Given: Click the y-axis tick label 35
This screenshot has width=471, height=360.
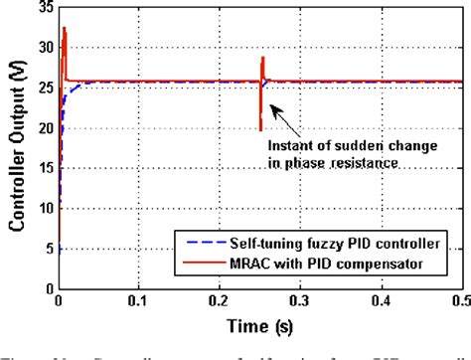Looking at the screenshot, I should coord(45,7).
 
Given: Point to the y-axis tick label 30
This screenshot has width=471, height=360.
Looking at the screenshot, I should coord(45,47).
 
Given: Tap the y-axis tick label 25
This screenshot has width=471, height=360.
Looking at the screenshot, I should coord(45,88).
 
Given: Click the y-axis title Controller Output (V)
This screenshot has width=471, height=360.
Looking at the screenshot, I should coord(18,149).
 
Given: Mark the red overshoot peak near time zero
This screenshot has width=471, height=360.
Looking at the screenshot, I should coord(65,30).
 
